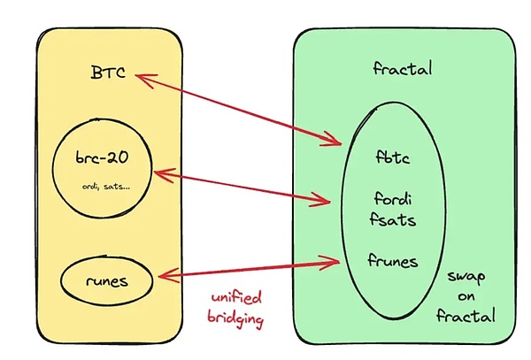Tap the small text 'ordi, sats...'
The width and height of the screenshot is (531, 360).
[103, 188]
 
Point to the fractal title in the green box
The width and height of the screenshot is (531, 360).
[403, 68]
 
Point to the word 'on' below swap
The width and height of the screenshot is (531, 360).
[466, 295]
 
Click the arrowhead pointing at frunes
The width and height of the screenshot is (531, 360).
[335, 260]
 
